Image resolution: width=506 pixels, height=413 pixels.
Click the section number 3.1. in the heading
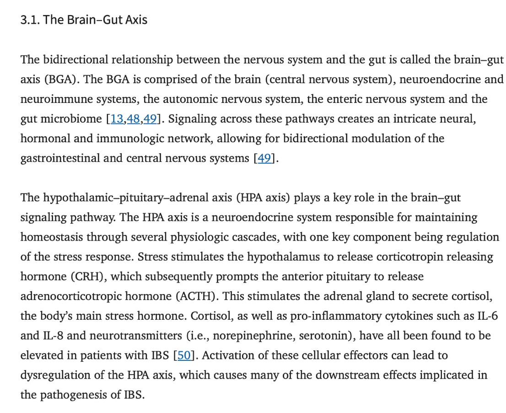30,20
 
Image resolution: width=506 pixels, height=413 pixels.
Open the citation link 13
117,119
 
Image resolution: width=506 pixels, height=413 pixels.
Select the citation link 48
133,119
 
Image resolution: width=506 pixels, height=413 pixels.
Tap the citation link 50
184,355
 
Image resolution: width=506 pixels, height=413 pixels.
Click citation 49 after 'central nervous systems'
264,158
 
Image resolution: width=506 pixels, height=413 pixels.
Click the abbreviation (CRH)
89,277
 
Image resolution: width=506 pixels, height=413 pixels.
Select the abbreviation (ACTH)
197,296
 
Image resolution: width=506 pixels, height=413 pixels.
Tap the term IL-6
488,316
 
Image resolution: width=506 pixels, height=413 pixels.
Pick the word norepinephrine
254,336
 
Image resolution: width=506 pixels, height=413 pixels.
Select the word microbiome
71,119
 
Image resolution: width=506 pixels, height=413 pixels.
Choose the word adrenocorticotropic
71,296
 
